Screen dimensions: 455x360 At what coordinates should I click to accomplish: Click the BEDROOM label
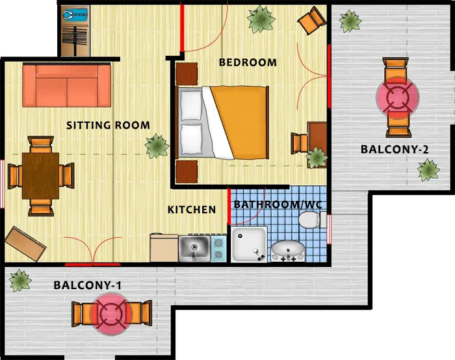[x=248, y=62]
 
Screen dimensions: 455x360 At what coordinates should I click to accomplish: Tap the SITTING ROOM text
[x=108, y=125]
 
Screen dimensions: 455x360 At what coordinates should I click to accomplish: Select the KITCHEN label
[x=192, y=209]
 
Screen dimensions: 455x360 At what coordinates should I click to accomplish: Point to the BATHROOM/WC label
[x=278, y=205]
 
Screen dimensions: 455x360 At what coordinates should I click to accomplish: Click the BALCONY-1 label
[x=87, y=285]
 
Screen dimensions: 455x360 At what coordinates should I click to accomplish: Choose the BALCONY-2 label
[x=395, y=149]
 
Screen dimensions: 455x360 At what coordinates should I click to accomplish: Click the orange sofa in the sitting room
[x=67, y=86]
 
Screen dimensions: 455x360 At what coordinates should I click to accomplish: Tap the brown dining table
[x=40, y=176]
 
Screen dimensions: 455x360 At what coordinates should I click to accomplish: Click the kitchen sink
[x=194, y=249]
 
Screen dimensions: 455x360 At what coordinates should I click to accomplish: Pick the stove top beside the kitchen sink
[x=218, y=249]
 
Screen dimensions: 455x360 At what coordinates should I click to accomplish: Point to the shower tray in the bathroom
[x=249, y=244]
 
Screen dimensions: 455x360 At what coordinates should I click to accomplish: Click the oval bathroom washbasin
[x=288, y=251]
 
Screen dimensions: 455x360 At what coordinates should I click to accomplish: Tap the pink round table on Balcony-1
[x=111, y=314]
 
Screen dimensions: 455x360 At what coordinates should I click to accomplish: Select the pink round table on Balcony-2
[x=398, y=97]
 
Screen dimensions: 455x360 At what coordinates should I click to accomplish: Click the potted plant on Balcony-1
[x=19, y=281]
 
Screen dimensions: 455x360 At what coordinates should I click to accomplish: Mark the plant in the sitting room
[x=157, y=146]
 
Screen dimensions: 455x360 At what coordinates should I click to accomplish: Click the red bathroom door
[x=229, y=206]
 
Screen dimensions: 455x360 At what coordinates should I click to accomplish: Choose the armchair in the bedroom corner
[x=311, y=20]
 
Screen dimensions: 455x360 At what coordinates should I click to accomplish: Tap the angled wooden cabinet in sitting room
[x=25, y=244]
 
